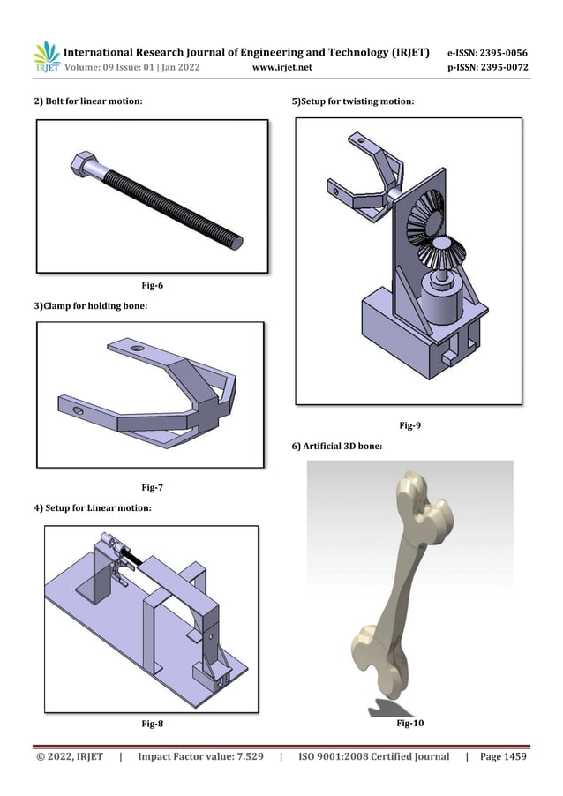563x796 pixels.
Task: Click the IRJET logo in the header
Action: [x=46, y=57]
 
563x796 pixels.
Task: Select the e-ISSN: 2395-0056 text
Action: [x=488, y=52]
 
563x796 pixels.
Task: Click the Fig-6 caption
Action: [x=153, y=285]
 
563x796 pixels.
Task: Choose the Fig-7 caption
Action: [x=153, y=487]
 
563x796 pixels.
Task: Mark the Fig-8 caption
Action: [x=153, y=725]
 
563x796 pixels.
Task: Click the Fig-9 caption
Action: [x=409, y=426]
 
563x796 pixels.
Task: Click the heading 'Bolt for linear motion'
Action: [x=88, y=102]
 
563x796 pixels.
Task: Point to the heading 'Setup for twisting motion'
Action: [x=353, y=102]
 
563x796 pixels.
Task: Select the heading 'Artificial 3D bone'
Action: [x=336, y=447]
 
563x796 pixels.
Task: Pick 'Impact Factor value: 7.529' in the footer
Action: [x=201, y=756]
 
